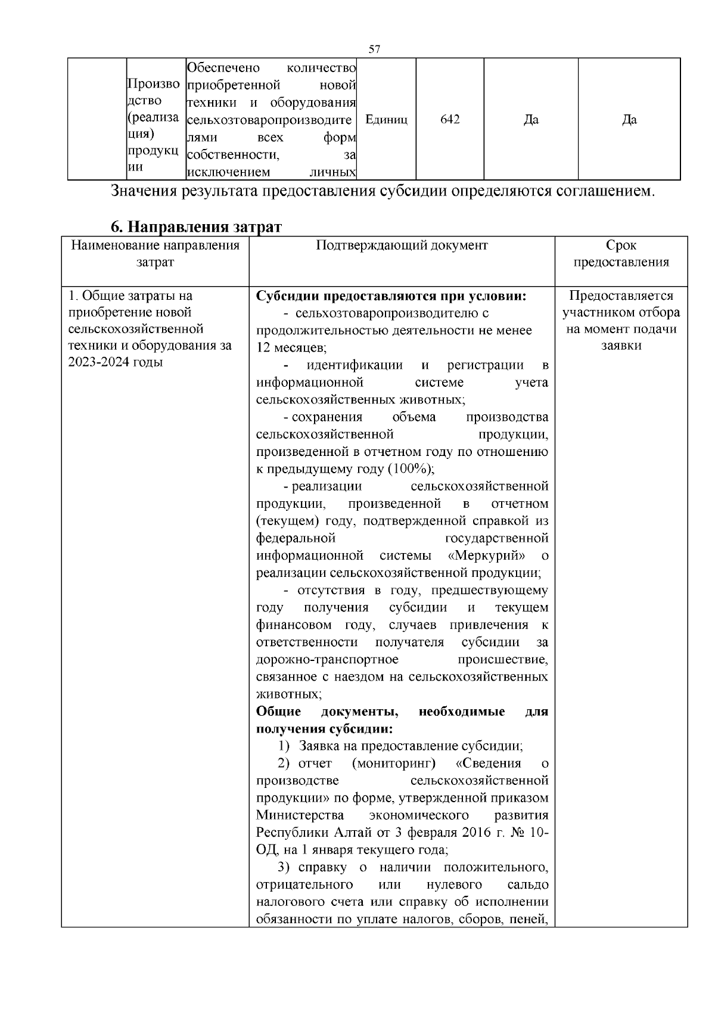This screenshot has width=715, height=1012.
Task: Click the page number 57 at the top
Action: pos(374,49)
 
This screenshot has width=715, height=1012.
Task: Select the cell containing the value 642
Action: pos(450,120)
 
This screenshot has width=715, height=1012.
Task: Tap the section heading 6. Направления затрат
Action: pos(196,227)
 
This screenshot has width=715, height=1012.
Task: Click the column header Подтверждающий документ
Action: pos(402,246)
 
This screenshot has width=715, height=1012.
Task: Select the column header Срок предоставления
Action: pos(621,254)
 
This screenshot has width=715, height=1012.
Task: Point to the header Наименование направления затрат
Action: pos(155,254)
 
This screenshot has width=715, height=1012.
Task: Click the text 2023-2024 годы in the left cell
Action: pos(116,362)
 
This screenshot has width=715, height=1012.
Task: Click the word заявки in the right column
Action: pos(621,346)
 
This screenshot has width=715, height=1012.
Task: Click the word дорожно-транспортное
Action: pos(327,660)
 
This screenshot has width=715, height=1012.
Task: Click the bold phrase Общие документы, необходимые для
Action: pos(402,712)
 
